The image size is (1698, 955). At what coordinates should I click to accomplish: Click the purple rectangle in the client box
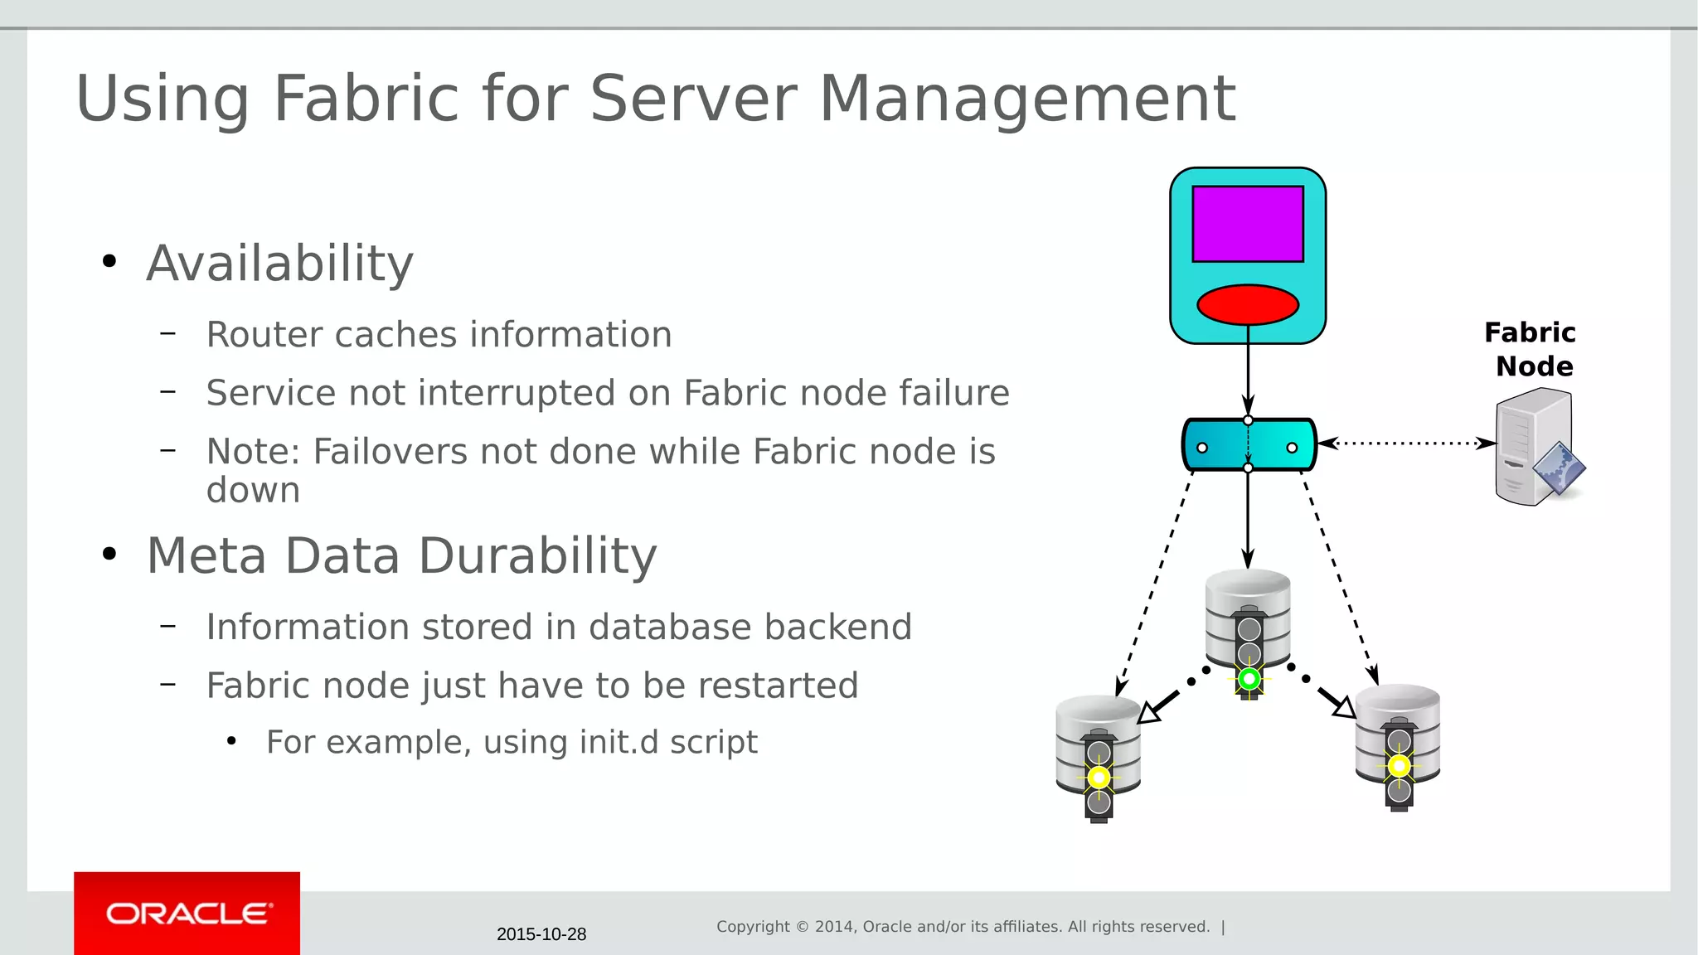[x=1247, y=224]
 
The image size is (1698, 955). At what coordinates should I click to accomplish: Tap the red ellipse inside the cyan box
[x=1247, y=305]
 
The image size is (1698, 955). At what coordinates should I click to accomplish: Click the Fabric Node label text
[x=1531, y=349]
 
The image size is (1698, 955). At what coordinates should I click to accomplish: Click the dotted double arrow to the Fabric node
[x=1406, y=444]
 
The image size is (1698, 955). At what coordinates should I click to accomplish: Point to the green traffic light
[x=1249, y=680]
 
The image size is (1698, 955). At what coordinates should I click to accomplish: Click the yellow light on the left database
[x=1099, y=778]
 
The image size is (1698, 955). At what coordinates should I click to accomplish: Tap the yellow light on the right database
[x=1399, y=766]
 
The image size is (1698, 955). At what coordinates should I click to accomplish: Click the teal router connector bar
[x=1248, y=445]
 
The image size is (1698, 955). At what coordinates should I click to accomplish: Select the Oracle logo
[x=188, y=914]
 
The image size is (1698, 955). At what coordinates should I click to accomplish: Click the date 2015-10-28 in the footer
[x=541, y=934]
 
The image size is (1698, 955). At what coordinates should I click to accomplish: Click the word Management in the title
[x=1027, y=99]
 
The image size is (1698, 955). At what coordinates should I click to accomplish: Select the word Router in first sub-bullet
[x=263, y=335]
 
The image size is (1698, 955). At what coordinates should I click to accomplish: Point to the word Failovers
[x=390, y=452]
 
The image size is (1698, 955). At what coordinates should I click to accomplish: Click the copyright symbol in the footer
[x=802, y=927]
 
